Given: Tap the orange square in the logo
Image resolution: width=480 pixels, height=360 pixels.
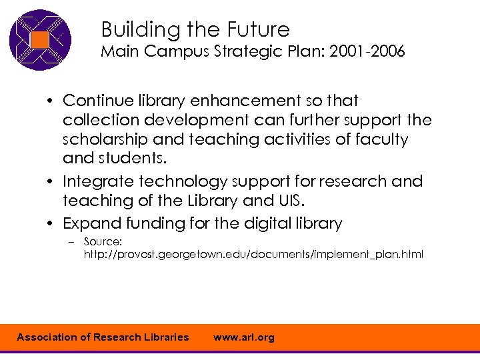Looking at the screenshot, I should click(39, 39).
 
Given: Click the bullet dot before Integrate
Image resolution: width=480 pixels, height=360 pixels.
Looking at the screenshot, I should click(51, 182).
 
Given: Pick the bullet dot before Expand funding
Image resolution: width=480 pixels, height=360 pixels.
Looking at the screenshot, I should click(51, 224).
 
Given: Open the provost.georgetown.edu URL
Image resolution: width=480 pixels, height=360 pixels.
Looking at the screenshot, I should click(253, 255).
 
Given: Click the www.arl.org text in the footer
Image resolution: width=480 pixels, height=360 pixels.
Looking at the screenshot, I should click(243, 337).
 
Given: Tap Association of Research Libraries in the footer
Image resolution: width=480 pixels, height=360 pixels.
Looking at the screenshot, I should click(103, 337).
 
